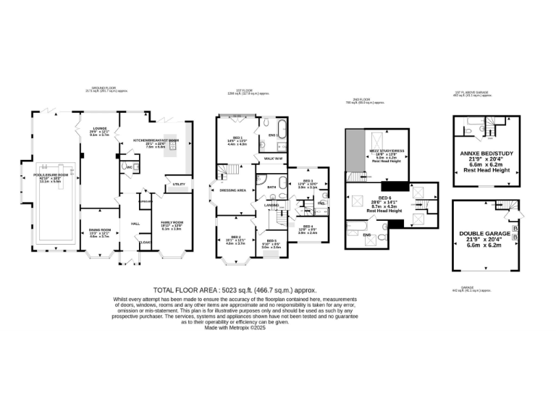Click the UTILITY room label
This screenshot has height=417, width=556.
pos(178,184)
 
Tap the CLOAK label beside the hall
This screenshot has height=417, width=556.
pos(145,243)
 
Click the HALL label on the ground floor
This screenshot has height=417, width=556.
pos(135,224)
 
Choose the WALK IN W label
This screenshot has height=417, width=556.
pos(273,157)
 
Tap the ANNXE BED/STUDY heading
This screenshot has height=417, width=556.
pos(486,153)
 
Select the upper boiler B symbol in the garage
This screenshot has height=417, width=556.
pos(515,228)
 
